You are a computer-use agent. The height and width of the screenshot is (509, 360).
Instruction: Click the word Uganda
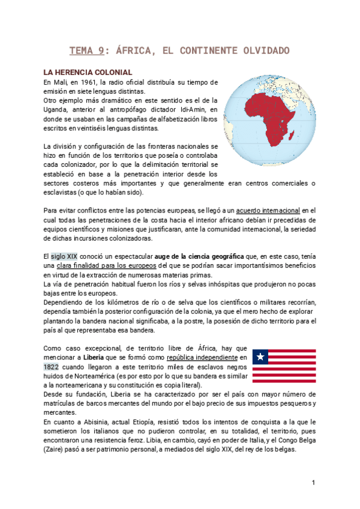point(58,110)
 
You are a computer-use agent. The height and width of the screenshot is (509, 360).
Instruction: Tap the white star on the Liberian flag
point(260,358)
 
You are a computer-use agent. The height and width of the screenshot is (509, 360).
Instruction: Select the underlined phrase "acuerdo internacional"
point(268,210)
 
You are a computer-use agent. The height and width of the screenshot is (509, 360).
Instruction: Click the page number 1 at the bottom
point(313,483)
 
